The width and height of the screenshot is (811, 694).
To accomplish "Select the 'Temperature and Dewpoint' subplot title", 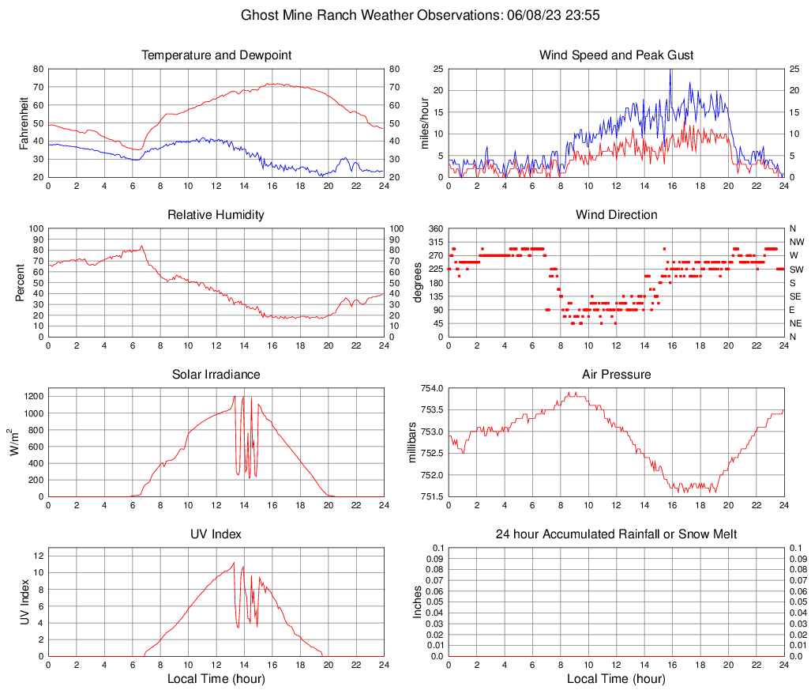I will click(x=216, y=55).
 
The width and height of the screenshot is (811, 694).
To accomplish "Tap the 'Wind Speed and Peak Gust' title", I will click(x=617, y=55).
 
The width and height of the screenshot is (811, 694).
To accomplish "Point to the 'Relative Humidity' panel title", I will click(x=216, y=215).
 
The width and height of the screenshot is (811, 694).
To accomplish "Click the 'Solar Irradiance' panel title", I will click(x=216, y=375).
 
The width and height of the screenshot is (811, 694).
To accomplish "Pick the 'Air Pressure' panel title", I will click(x=617, y=375).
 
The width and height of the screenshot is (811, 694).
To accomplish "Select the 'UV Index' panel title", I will click(x=216, y=534).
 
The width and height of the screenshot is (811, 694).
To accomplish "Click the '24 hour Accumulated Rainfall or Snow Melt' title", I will click(x=617, y=534).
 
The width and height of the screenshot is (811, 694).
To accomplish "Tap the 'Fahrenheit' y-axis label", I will click(x=21, y=123).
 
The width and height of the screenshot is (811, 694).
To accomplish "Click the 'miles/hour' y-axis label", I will click(x=424, y=123).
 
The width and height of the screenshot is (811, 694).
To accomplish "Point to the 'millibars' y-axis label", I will click(x=411, y=443).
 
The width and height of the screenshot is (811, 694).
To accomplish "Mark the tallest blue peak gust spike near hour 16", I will click(x=670, y=71).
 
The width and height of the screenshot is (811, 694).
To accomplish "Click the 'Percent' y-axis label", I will click(x=21, y=283).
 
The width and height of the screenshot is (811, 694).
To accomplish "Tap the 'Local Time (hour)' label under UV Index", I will click(x=216, y=679).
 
